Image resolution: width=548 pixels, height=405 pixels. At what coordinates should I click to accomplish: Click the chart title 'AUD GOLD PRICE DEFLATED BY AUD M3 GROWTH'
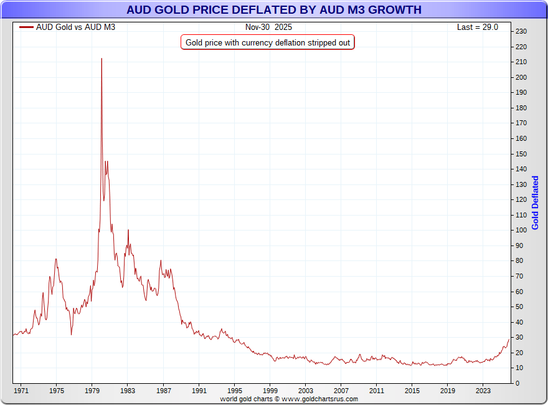[273, 10]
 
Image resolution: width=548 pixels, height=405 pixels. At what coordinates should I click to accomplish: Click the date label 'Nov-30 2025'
[268, 27]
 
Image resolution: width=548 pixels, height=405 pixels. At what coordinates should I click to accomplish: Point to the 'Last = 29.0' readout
[478, 27]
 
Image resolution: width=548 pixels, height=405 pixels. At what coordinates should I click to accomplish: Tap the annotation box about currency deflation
[268, 42]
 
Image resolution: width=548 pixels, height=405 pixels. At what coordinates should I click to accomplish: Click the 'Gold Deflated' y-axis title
[535, 202]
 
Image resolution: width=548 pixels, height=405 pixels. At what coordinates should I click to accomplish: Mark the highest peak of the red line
[102, 59]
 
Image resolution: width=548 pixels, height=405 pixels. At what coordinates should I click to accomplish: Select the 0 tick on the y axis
[517, 383]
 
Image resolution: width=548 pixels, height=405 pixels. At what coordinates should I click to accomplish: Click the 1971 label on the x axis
[21, 391]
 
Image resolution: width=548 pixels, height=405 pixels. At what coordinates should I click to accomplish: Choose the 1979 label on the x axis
[92, 391]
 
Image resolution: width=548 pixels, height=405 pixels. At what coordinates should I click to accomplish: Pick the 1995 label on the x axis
[234, 391]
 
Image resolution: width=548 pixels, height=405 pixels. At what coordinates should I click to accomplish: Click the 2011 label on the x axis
[376, 391]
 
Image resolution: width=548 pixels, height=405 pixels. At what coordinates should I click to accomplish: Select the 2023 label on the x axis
[483, 391]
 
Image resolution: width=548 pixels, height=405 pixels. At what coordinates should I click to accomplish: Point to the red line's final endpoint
[509, 338]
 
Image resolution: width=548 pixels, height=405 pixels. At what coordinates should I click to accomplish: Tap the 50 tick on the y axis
[520, 307]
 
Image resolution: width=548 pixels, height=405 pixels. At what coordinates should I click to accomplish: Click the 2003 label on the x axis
[305, 391]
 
